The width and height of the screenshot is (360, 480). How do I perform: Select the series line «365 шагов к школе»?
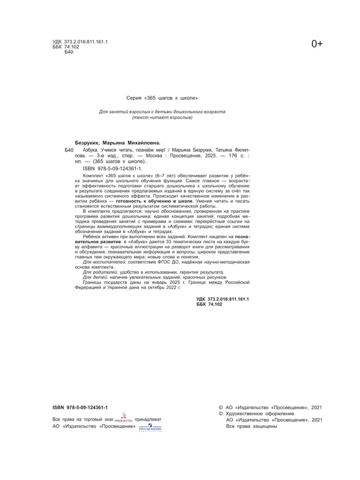pyautogui.click(x=162, y=97)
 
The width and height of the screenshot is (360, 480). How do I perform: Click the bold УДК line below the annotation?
pyautogui.click(x=223, y=300)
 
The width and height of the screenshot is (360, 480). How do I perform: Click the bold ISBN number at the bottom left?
pyautogui.click(x=80, y=407)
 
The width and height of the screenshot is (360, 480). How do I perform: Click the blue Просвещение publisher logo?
pyautogui.click(x=150, y=427)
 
